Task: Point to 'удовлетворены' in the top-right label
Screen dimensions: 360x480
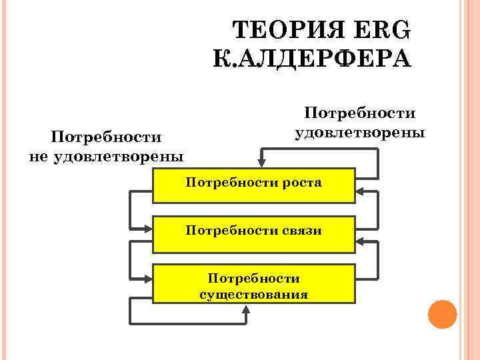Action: [359, 132]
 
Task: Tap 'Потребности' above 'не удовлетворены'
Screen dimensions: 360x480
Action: [107, 137]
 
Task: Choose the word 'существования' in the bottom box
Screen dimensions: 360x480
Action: [253, 294]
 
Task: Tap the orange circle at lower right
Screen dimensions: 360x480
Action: [441, 314]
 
